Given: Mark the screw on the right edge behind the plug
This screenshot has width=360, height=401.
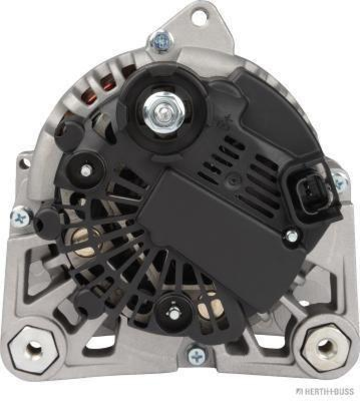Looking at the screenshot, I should click(x=339, y=179).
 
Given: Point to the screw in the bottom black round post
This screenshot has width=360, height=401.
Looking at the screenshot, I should click(x=174, y=312).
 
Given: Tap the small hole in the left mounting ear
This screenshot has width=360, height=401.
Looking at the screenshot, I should click(x=23, y=161).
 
